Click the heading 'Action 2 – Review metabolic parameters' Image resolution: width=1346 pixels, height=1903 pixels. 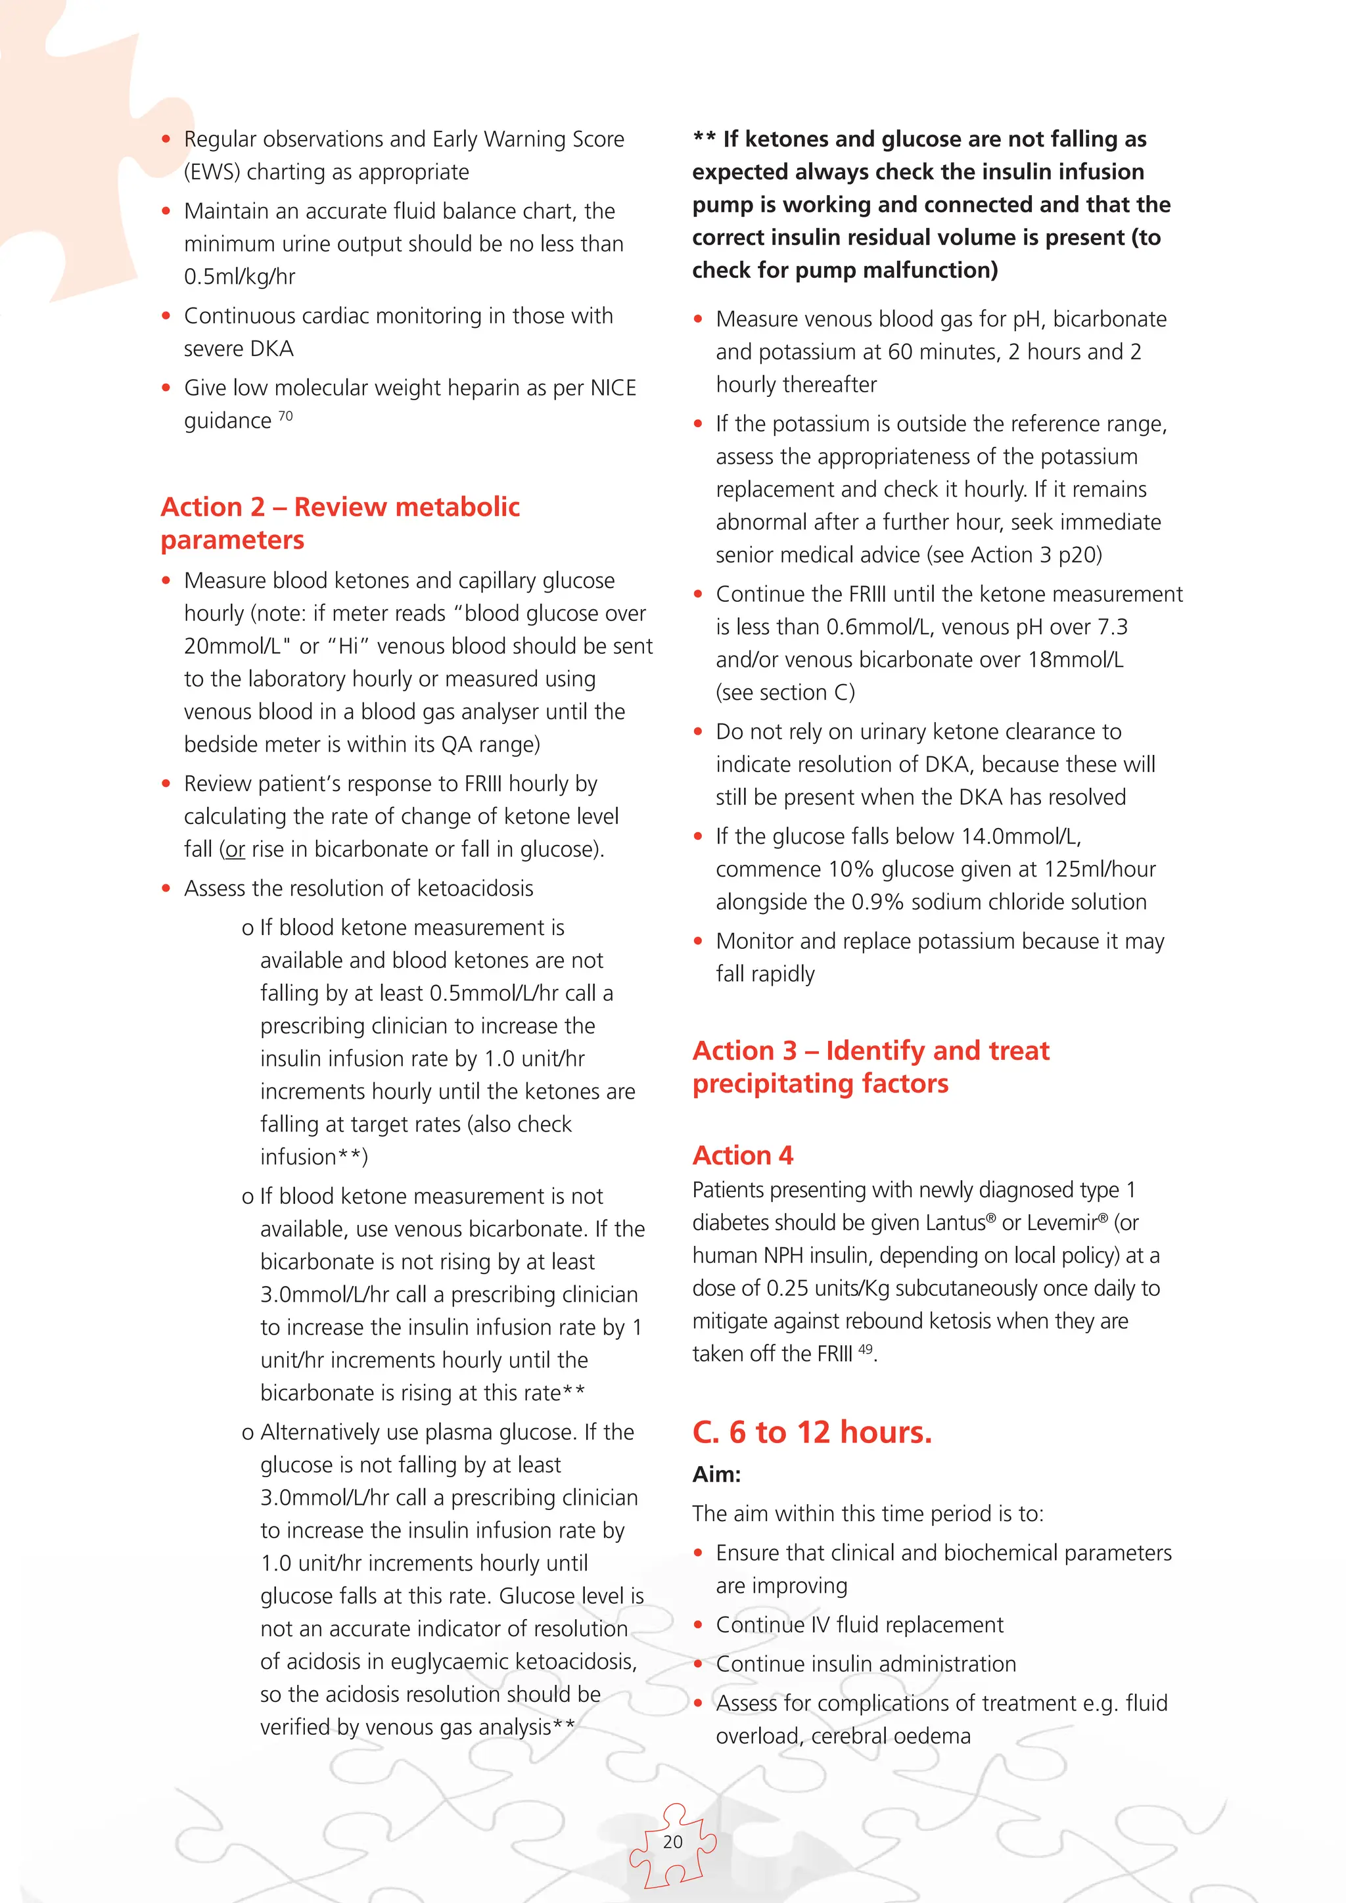(340, 522)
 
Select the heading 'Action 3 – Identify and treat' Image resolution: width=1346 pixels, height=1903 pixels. (870, 1050)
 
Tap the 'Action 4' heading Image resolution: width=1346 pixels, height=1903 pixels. (743, 1155)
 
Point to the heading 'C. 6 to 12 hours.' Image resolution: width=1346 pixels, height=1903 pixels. (812, 1433)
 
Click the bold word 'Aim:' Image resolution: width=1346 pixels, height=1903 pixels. (716, 1475)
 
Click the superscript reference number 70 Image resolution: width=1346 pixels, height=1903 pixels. (285, 416)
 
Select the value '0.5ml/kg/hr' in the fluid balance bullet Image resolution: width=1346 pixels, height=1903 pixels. (239, 277)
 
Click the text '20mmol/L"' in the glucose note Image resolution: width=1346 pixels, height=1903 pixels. (232, 647)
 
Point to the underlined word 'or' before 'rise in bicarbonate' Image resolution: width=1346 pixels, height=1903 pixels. (235, 850)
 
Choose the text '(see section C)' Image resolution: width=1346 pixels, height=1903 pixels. (785, 693)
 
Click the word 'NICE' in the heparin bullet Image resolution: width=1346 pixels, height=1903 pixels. (613, 388)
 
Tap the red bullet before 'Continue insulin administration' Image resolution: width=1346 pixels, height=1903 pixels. (698, 1664)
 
